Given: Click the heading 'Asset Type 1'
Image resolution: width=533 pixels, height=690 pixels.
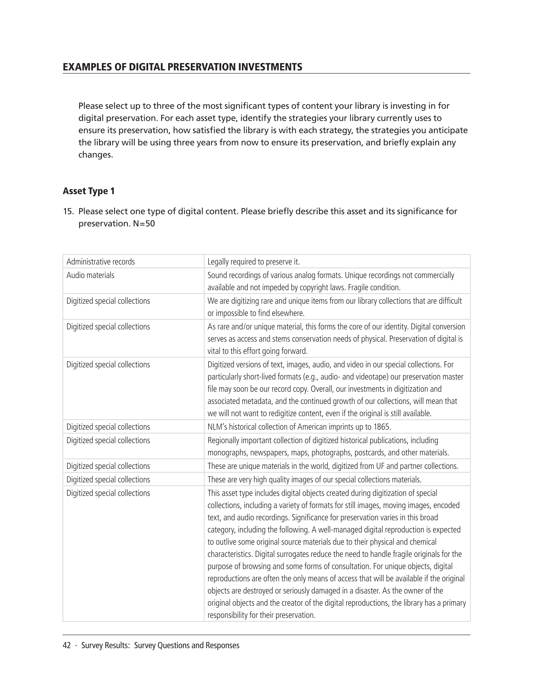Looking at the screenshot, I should point(88,191).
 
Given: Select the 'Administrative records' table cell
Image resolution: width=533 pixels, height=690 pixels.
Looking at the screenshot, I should point(100,261).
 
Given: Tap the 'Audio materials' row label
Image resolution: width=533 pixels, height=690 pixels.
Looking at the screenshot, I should point(90,275).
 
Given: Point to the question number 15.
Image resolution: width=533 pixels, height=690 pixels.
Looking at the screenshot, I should point(68,211).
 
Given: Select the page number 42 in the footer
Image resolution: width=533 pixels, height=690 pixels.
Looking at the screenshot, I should point(67,645).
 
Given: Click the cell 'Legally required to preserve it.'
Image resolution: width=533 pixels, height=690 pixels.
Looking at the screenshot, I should point(253,261).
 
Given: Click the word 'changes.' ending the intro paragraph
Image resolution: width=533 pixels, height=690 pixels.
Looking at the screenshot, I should point(95,155).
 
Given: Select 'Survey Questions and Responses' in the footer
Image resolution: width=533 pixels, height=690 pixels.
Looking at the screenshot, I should point(186,645).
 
